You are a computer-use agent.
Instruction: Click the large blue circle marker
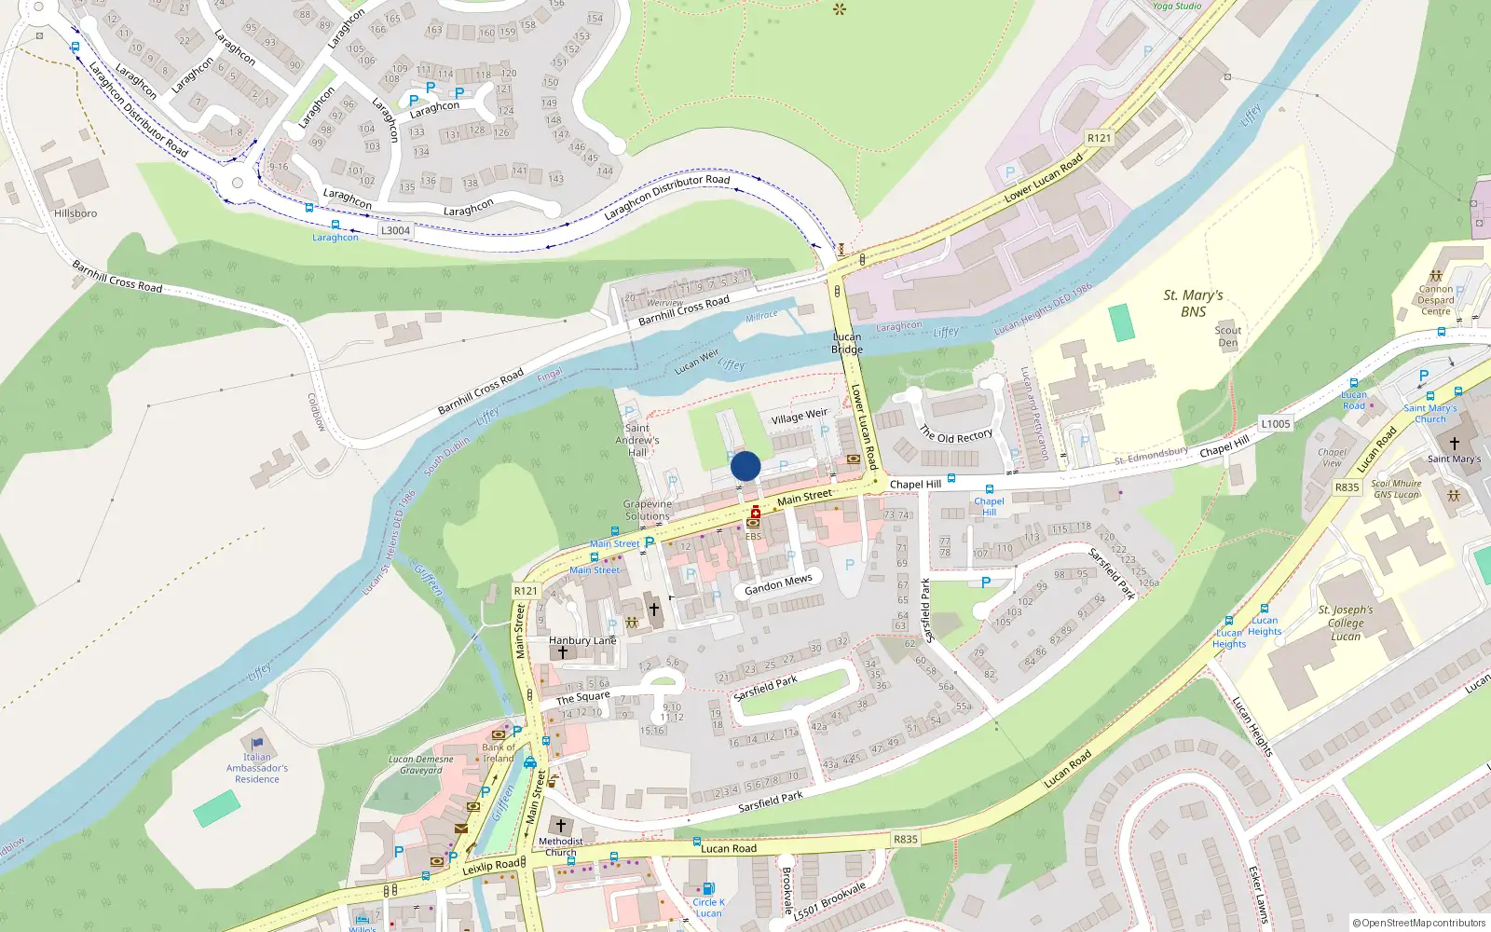pyautogui.click(x=745, y=466)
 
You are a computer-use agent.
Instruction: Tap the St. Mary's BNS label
pyautogui.click(x=1193, y=303)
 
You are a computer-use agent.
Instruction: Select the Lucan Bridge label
pyautogui.click(x=847, y=343)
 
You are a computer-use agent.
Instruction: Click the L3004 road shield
pyautogui.click(x=395, y=230)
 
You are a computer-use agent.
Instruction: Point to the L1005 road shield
pyautogui.click(x=1275, y=424)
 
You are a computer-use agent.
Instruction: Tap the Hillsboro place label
pyautogui.click(x=75, y=213)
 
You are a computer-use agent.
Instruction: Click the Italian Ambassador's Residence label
pyautogui.click(x=257, y=768)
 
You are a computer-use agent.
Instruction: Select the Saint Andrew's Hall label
pyautogui.click(x=637, y=440)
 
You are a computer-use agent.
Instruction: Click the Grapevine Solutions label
pyautogui.click(x=647, y=510)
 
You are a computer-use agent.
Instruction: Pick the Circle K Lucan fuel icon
pyautogui.click(x=708, y=888)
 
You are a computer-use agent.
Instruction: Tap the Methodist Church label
pyautogui.click(x=560, y=846)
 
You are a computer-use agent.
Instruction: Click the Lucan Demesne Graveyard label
pyautogui.click(x=421, y=764)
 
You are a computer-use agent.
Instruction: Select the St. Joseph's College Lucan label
pyautogui.click(x=1346, y=623)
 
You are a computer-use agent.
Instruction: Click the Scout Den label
pyautogui.click(x=1228, y=336)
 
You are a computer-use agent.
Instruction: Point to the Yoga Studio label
pyautogui.click(x=1177, y=6)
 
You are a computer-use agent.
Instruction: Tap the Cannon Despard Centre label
pyautogui.click(x=1436, y=300)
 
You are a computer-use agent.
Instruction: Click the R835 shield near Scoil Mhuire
pyautogui.click(x=1347, y=487)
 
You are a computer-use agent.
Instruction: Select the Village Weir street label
pyautogui.click(x=799, y=417)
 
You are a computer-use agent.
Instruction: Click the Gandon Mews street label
pyautogui.click(x=778, y=584)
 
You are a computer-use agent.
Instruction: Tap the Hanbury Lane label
pyautogui.click(x=582, y=640)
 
